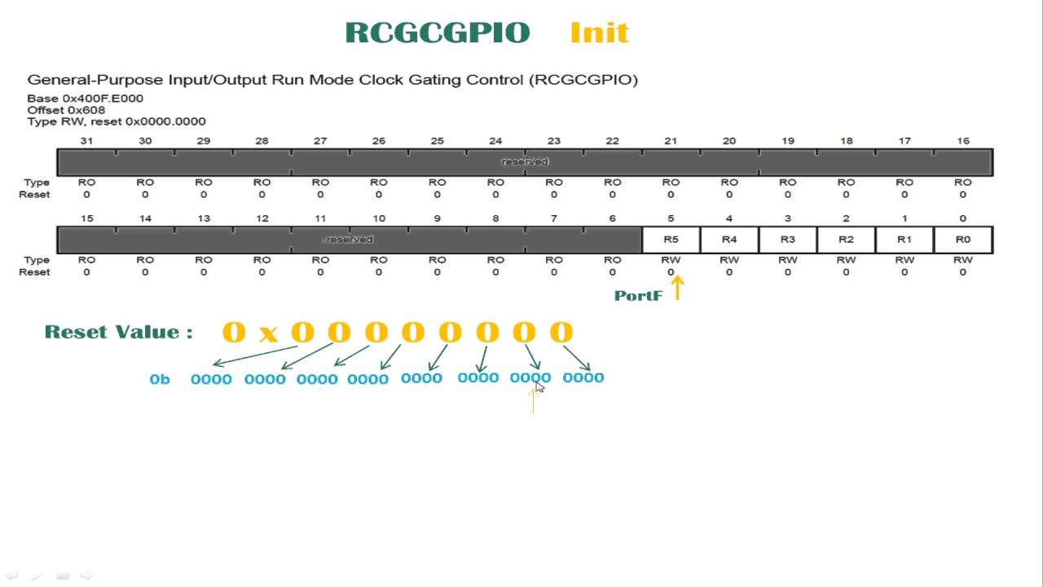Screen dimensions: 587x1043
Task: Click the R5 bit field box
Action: point(671,240)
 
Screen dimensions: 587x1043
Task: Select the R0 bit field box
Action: point(963,240)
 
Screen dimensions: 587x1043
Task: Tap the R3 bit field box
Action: point(787,240)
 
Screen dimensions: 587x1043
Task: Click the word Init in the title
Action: point(600,33)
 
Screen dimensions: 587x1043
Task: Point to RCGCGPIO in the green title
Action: point(438,33)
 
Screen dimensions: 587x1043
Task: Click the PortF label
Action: point(638,296)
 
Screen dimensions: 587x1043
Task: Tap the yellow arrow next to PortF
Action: point(677,287)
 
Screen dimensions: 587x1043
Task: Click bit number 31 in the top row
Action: point(86,141)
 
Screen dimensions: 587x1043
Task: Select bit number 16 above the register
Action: point(963,141)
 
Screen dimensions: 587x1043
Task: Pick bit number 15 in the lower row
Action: point(86,218)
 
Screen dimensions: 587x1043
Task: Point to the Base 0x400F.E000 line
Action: point(85,99)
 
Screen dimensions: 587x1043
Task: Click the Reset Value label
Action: point(118,332)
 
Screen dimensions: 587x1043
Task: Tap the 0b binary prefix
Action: point(160,379)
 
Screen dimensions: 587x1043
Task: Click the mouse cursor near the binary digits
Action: point(539,386)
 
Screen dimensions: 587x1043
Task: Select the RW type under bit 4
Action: point(729,260)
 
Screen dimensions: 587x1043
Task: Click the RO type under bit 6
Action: point(612,260)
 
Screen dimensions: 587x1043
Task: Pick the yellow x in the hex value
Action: point(268,334)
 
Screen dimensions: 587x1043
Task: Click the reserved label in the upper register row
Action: point(525,161)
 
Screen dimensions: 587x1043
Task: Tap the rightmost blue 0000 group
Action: point(583,377)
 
